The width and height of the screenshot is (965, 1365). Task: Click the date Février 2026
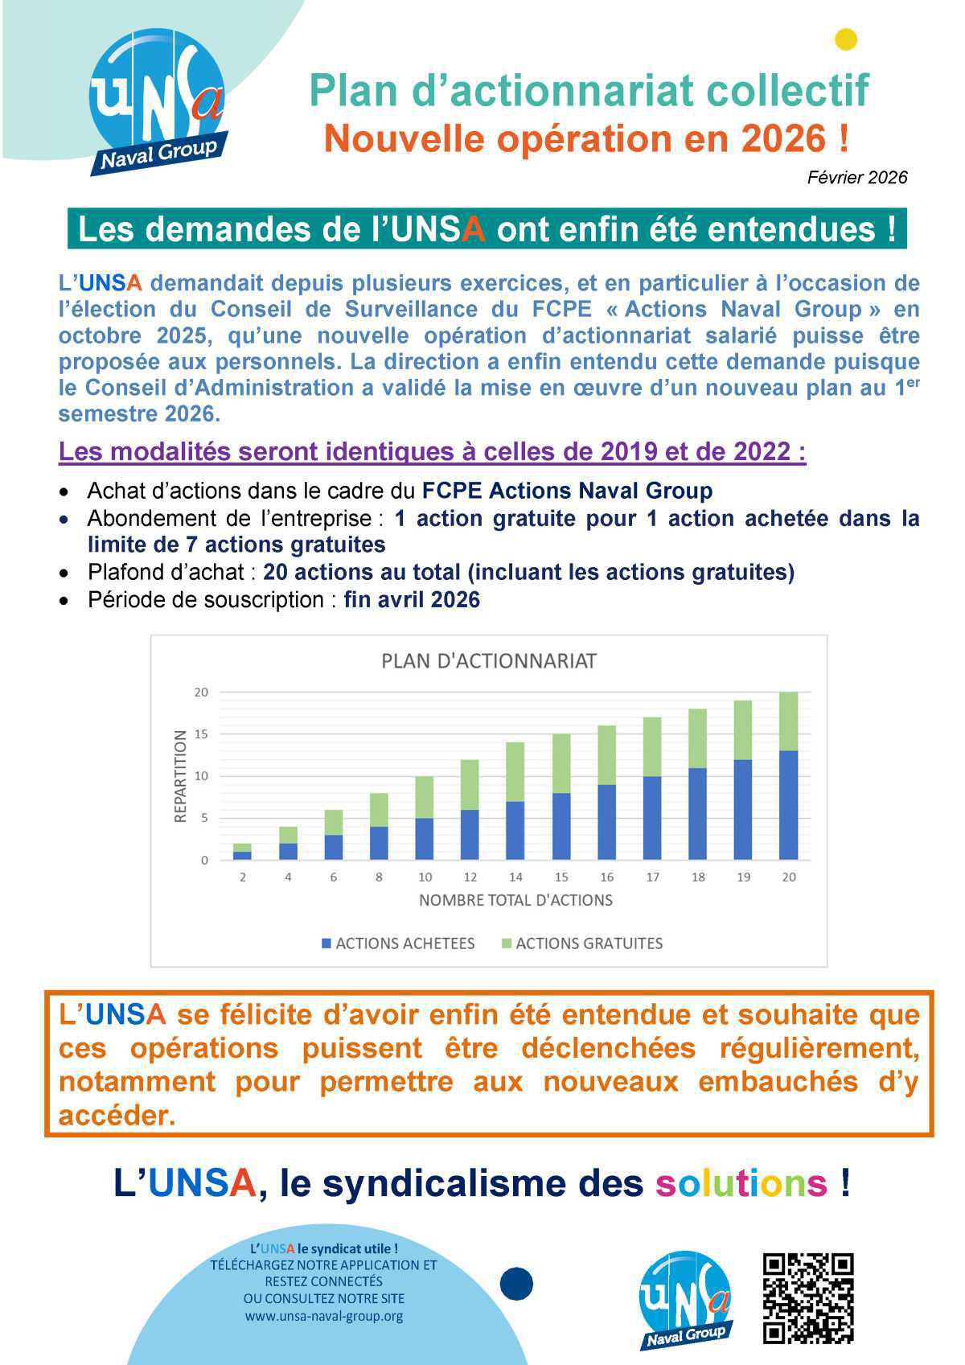[x=856, y=178]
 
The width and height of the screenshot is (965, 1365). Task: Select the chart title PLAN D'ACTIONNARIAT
[x=488, y=661]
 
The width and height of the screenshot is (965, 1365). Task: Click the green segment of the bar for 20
[x=788, y=721]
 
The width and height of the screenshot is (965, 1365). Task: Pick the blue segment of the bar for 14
[x=515, y=830]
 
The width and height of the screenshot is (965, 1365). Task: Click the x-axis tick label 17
[x=652, y=877]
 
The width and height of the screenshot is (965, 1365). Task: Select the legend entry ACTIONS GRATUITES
[x=589, y=944]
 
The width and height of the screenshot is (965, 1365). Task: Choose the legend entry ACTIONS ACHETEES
[x=404, y=944]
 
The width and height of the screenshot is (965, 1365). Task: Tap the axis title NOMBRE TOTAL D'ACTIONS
[x=515, y=900]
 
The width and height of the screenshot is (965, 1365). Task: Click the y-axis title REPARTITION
[x=181, y=776]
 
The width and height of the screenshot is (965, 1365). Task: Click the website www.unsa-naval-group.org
[x=323, y=1317]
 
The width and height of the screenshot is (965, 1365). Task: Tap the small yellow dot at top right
[x=846, y=39]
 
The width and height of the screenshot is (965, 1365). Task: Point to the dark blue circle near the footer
[x=516, y=1284]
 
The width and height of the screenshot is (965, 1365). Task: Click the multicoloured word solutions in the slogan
[x=741, y=1183]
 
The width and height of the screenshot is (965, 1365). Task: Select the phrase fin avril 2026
[x=412, y=600]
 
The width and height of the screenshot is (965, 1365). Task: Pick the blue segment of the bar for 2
[x=242, y=855]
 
